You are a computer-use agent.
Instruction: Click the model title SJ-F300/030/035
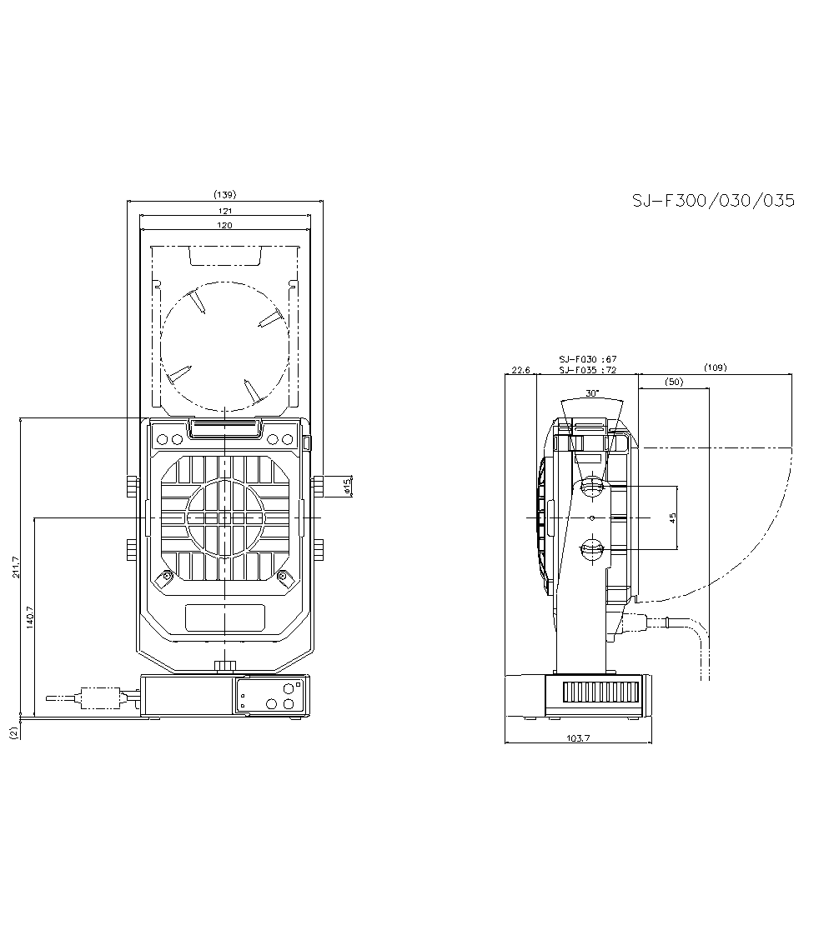click(712, 201)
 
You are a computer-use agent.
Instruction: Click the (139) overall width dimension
click(224, 195)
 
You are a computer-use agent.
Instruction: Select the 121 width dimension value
click(225, 212)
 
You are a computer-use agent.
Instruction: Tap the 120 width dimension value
click(225, 225)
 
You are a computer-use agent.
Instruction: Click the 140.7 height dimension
click(31, 617)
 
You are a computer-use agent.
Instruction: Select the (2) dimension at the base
click(13, 732)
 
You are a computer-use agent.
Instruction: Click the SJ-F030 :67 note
click(587, 360)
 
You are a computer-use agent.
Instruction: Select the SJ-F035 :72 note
click(587, 369)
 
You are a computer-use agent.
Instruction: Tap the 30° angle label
click(592, 392)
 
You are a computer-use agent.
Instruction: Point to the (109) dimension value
click(715, 367)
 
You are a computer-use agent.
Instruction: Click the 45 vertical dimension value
click(672, 517)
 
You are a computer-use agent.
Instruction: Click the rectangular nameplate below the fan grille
click(225, 617)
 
